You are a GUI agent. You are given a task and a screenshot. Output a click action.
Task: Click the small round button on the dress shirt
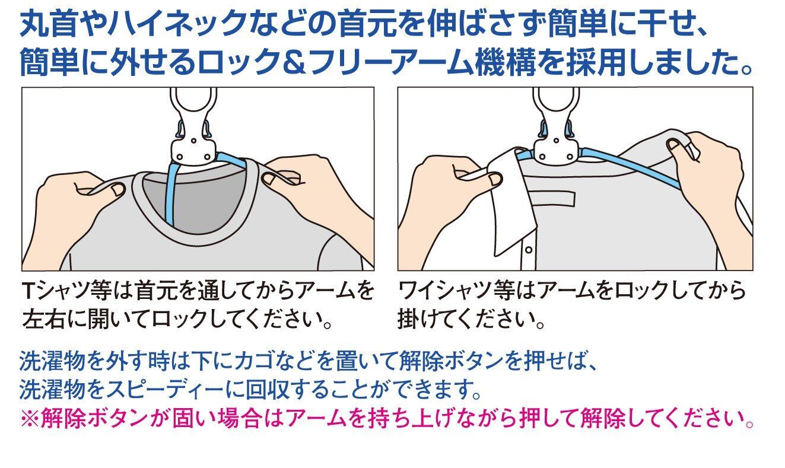pyautogui.click(x=529, y=250)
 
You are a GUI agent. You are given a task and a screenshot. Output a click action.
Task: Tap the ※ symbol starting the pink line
pyautogui.click(x=30, y=419)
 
